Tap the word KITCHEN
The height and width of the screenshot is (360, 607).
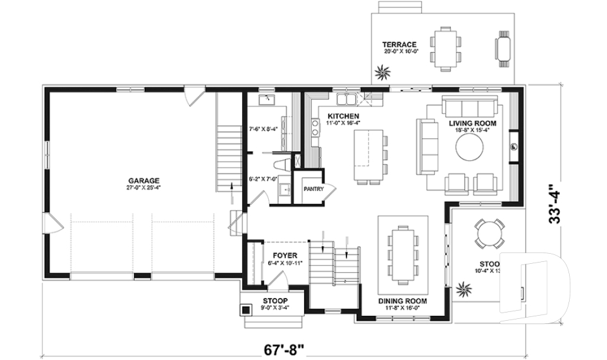pos(343,116)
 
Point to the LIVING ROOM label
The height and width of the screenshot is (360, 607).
pos(472,123)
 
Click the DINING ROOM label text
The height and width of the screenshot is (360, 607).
pos(402,301)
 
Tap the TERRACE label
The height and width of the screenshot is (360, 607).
pos(399,44)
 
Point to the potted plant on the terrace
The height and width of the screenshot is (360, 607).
pos(383,72)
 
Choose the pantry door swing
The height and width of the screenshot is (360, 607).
pos(331,189)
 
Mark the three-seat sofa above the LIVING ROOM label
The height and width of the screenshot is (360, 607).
pos(470,106)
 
